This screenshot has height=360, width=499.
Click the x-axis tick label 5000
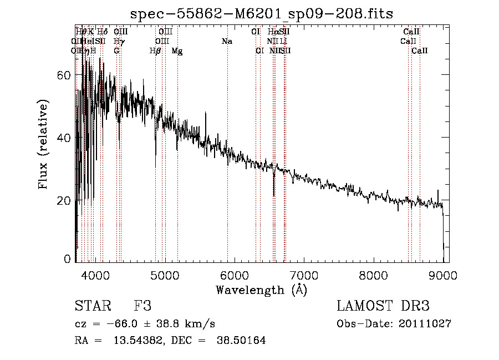pos(165,275)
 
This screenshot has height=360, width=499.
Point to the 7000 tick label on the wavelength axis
pos(304,275)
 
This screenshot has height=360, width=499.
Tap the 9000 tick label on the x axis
pos(443,275)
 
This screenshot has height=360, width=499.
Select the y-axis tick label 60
pos(65,75)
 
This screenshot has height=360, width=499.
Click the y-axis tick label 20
pos(65,200)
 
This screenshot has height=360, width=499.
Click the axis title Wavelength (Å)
pos(261,290)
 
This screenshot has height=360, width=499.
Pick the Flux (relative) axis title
pos(44,144)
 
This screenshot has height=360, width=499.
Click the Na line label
pos(227,42)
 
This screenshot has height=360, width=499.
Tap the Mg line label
pos(177,51)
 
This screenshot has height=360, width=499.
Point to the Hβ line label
pos(155,51)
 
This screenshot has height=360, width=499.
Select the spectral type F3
pos(142,306)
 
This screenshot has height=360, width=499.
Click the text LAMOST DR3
pos(383,306)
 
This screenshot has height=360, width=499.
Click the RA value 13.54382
pos(136,341)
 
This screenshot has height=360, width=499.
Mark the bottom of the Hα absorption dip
pos(274,196)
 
